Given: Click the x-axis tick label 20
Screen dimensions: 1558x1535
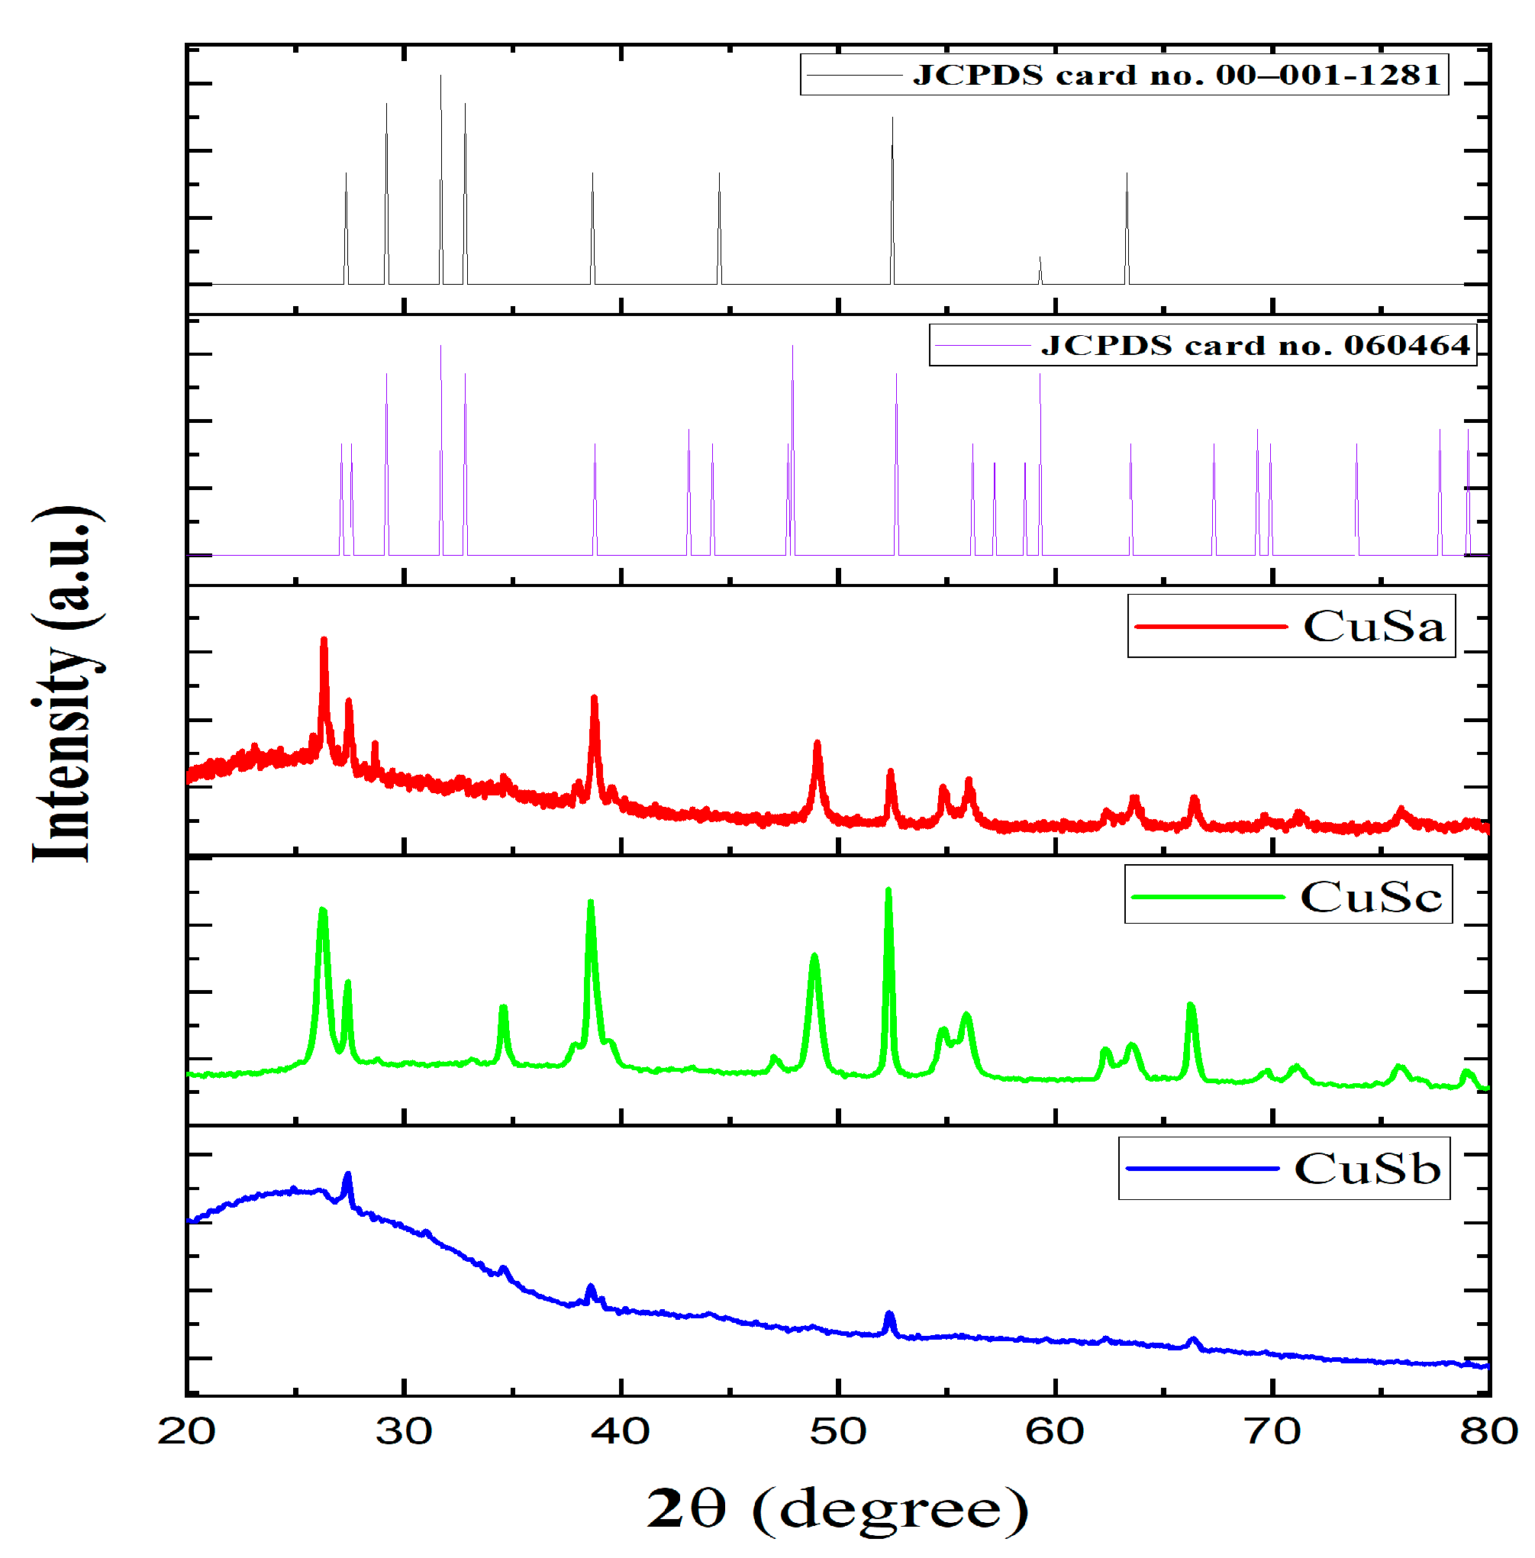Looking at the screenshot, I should click(x=187, y=1431).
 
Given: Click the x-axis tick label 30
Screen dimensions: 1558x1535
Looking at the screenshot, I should click(x=404, y=1431).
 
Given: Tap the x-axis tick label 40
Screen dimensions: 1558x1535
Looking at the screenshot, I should click(x=621, y=1431).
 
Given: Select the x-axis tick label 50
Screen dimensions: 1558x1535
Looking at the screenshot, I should click(x=837, y=1431).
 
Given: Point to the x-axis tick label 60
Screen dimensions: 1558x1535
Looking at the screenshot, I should click(x=1055, y=1431).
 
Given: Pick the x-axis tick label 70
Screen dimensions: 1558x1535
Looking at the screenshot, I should click(x=1272, y=1431).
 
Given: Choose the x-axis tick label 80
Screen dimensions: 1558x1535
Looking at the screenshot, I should click(x=1488, y=1431).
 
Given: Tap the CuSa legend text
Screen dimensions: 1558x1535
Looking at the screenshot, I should click(x=1374, y=627).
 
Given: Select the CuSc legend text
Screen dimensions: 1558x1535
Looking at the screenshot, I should click(x=1371, y=897).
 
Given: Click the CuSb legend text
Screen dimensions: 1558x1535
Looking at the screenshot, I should click(x=1367, y=1169).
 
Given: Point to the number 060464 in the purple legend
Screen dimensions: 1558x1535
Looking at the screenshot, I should click(x=1407, y=345).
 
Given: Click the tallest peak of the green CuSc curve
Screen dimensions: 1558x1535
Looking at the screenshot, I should click(x=888, y=892).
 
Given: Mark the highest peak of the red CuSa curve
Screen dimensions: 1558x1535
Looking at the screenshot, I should click(x=324, y=642).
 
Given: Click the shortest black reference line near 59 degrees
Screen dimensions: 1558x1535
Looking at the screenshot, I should click(x=1040, y=263).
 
